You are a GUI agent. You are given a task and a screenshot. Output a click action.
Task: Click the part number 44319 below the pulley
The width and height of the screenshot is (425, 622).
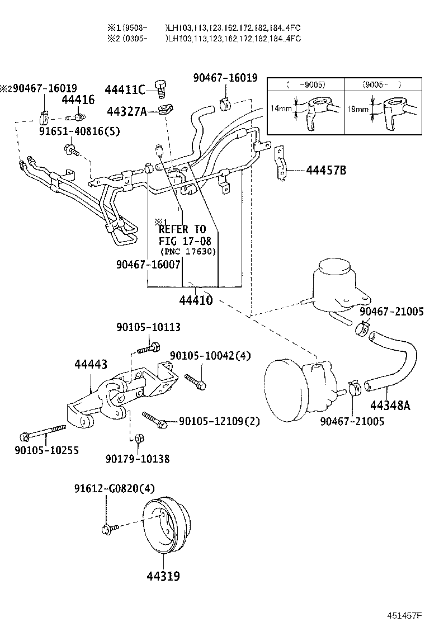tap(163, 576)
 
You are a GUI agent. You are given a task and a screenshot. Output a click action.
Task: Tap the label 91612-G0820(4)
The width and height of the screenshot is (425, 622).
tap(114, 488)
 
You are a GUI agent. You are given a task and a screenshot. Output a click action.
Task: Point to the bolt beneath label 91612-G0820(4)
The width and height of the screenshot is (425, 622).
tap(107, 528)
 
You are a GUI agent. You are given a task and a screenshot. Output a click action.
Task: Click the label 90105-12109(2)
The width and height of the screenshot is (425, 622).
tap(219, 421)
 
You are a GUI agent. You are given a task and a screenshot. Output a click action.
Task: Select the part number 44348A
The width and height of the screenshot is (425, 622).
tap(390, 405)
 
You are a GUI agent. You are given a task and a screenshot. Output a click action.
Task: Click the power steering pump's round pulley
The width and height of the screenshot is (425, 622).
tap(285, 386)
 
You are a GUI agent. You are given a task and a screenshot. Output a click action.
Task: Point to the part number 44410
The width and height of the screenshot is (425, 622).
tap(196, 300)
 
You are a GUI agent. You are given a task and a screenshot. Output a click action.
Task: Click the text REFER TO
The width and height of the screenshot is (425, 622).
tap(182, 229)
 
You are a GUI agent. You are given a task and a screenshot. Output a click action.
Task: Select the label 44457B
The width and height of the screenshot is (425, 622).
tap(326, 169)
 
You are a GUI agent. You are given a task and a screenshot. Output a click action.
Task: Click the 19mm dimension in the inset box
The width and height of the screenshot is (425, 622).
tap(358, 109)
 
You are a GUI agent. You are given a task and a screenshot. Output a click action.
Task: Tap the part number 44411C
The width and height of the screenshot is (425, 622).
tap(125, 90)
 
